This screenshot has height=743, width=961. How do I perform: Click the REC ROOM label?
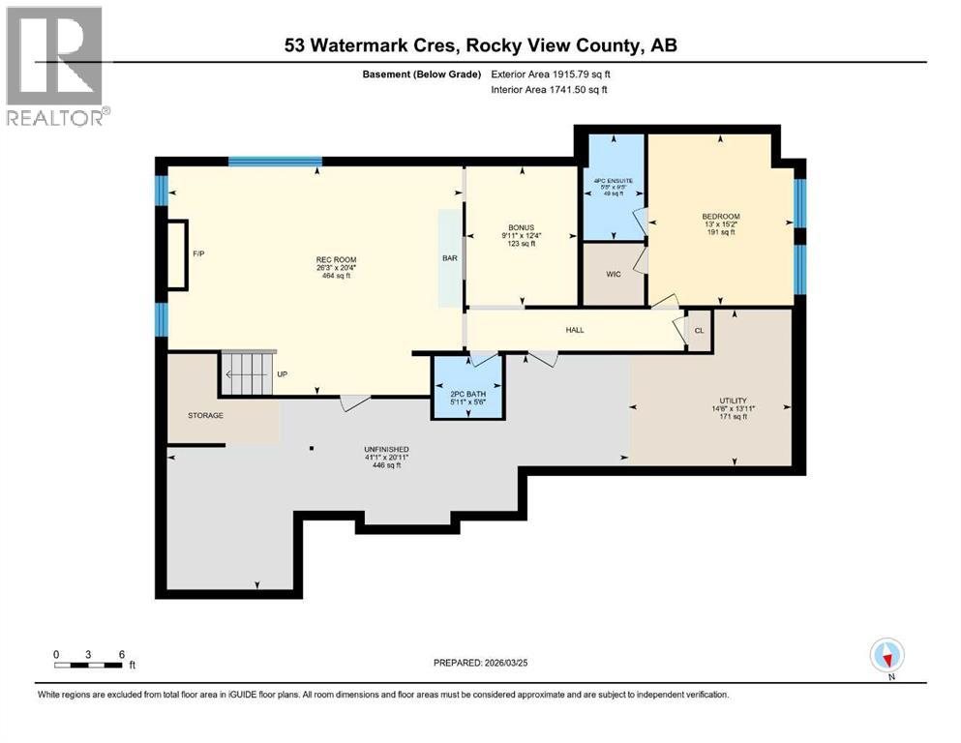click(x=331, y=259)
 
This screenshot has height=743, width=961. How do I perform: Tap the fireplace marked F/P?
click(x=177, y=254)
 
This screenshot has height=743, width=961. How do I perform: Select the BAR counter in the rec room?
click(x=450, y=258)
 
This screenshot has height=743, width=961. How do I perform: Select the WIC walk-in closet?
click(x=613, y=275)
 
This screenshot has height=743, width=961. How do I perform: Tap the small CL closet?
click(x=699, y=330)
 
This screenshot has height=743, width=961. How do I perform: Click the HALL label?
click(x=575, y=330)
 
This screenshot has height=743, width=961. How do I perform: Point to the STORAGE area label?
click(x=205, y=415)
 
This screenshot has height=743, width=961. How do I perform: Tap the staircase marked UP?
click(x=249, y=373)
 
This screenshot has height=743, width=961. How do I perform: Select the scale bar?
click(x=89, y=665)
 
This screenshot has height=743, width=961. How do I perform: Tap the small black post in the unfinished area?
click(x=312, y=448)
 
